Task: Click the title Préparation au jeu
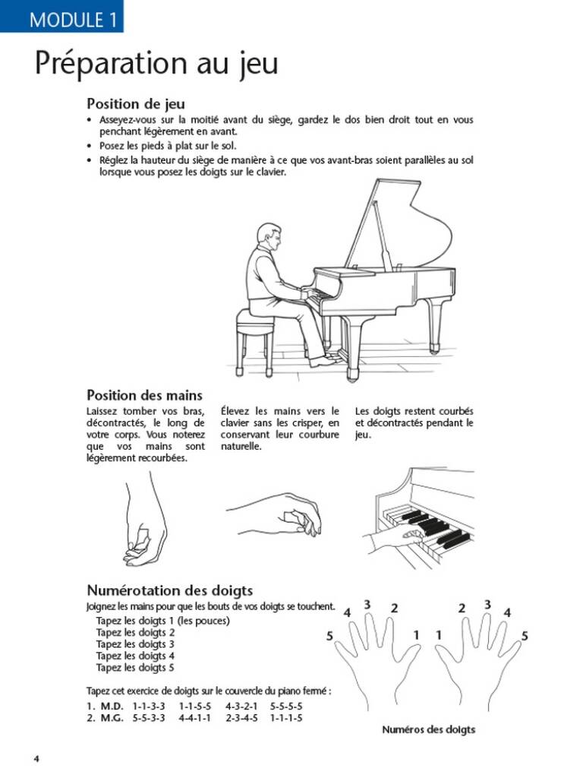pos(156,64)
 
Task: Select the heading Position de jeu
pos(136,103)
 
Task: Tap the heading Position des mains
pos(144,395)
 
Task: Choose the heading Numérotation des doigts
pos(169,590)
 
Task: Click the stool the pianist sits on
pos(254,334)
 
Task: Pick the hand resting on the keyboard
pos(391,539)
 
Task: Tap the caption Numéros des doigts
pos(429,729)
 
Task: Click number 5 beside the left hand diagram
pos(330,637)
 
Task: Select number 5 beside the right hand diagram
pos(525,636)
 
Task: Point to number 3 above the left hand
pos(367,605)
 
